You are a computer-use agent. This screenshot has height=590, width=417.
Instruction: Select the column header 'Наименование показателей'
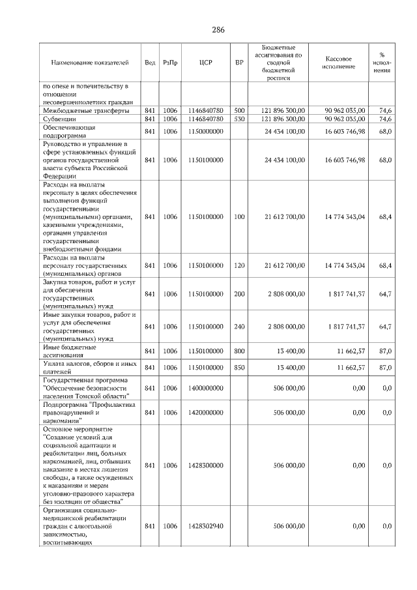[x=90, y=63]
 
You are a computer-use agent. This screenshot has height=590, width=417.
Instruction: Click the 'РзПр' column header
[x=170, y=63]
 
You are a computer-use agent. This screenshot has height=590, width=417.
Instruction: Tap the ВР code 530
[x=239, y=119]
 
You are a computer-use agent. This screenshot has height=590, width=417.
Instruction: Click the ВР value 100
[x=239, y=216]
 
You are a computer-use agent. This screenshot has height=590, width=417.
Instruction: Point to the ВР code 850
[x=239, y=367]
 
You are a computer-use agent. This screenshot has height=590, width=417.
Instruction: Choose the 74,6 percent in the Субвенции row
[x=385, y=119]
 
